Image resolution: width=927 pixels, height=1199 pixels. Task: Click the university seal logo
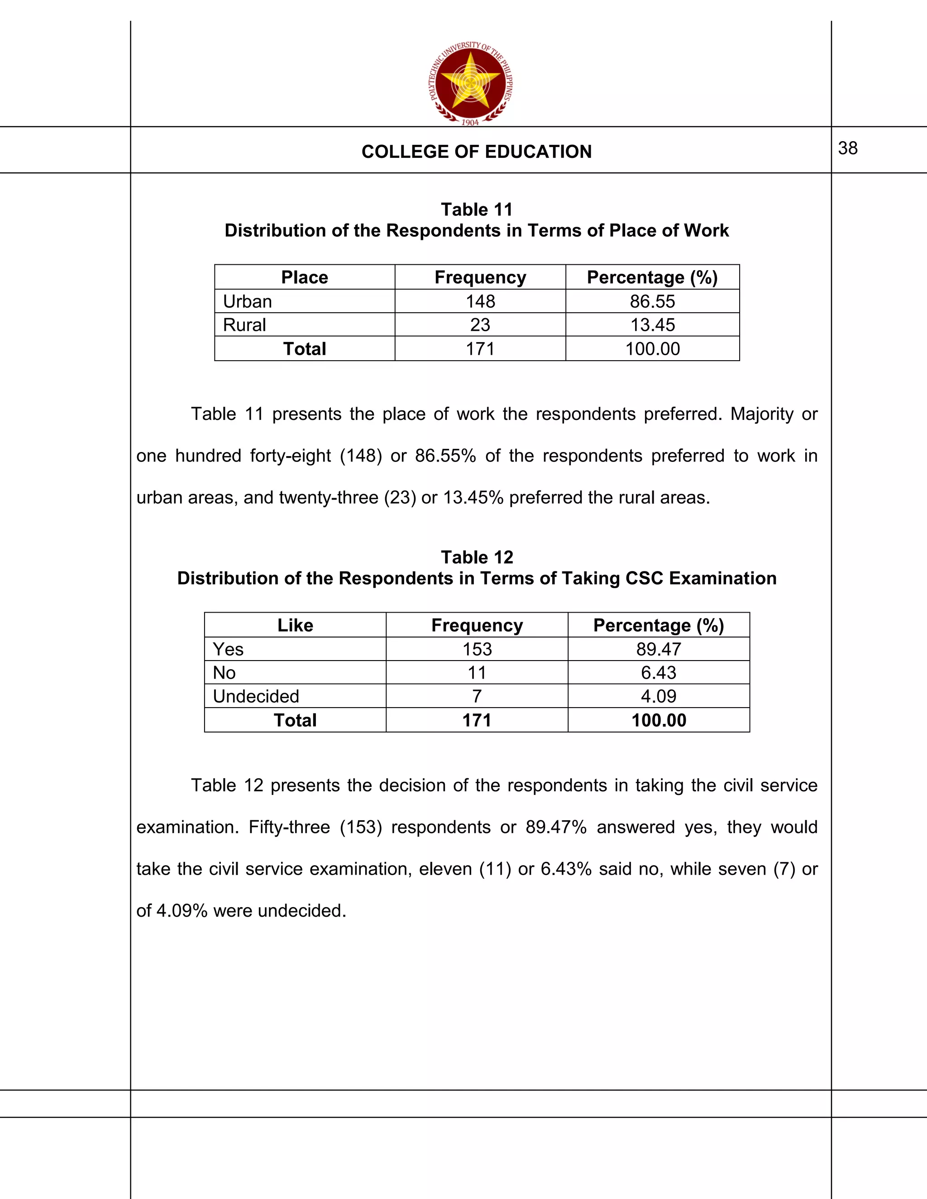pos(470,83)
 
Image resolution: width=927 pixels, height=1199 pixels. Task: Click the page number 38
pos(847,148)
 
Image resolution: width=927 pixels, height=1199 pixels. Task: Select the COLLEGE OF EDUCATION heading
pos(476,152)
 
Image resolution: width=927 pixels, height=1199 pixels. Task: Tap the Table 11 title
pos(476,210)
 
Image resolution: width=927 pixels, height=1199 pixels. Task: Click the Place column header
pos(304,277)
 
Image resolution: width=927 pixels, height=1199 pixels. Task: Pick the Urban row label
pos(247,301)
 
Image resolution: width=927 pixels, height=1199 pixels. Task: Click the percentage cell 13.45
pos(652,325)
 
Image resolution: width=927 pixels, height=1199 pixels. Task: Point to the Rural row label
pos(244,325)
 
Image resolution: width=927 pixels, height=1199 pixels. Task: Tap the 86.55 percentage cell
pos(652,301)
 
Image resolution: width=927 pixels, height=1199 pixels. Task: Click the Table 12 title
pos(476,557)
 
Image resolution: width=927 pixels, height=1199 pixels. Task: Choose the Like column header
pos(295,625)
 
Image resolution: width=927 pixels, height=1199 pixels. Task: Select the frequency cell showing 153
pos(477,649)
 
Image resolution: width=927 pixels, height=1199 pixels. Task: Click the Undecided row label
pos(256,696)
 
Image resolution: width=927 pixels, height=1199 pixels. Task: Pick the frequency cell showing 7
pos(477,696)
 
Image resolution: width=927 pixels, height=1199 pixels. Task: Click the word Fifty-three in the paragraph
pos(289,827)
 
